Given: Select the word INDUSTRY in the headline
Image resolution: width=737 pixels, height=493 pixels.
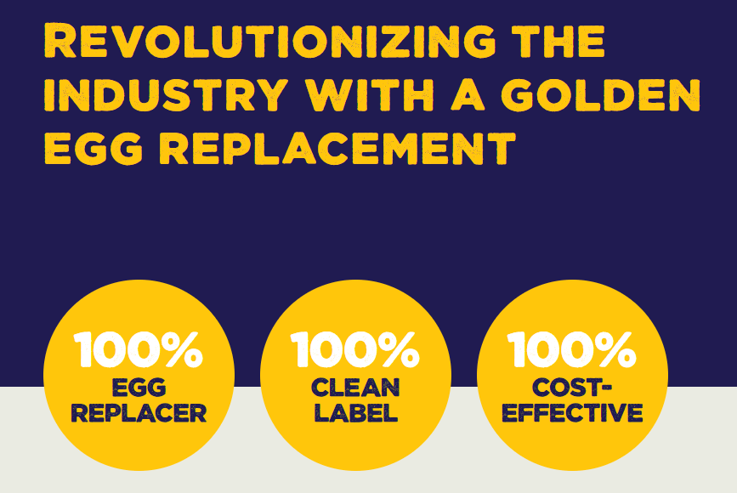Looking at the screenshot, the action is click(166, 95).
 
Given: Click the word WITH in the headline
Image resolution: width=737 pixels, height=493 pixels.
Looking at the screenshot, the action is click(370, 95).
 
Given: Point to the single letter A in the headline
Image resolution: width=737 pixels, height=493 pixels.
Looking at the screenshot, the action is click(468, 95).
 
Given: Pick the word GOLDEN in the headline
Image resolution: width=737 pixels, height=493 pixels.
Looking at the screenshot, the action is click(601, 95).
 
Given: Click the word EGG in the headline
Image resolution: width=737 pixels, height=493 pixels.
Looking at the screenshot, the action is click(93, 148).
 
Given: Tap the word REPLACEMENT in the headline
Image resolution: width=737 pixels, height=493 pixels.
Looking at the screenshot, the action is click(337, 148).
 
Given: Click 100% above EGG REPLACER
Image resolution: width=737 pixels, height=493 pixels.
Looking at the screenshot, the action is click(139, 349).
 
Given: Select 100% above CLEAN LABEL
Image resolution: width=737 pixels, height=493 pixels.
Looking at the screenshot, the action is click(355, 349).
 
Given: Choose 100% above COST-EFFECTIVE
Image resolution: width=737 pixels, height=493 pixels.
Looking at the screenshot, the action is click(571, 349).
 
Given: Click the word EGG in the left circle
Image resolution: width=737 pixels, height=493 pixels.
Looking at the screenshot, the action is click(139, 388).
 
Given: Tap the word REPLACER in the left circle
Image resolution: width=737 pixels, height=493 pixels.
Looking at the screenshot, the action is click(139, 413).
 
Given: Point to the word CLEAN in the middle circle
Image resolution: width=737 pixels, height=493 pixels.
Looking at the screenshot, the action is click(355, 388).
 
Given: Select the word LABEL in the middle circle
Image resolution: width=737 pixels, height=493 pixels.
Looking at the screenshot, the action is click(356, 413).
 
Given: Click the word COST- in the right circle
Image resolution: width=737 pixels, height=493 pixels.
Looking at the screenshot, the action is click(571, 388).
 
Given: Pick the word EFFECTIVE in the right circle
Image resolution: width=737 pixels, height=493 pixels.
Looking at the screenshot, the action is click(572, 413).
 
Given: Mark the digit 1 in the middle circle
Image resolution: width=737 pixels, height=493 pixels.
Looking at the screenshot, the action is click(299, 349).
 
